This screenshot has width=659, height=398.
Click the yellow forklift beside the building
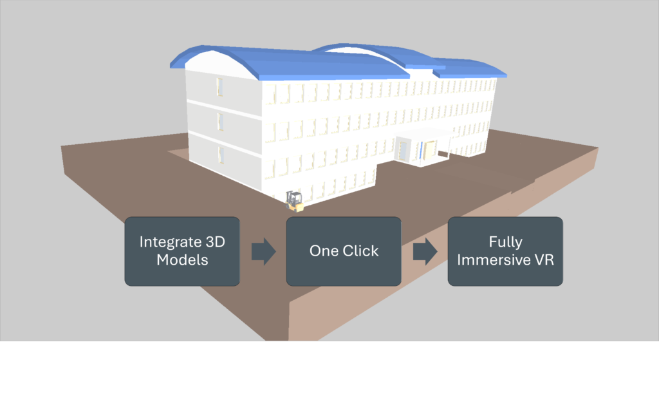pos(294,201)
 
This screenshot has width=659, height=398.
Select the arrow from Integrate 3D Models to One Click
pos(263,251)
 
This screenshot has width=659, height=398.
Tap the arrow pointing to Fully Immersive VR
pos(424,251)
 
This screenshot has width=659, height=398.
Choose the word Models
pos(182,260)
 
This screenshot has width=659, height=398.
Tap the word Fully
pos(505,242)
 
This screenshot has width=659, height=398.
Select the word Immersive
pos(494,260)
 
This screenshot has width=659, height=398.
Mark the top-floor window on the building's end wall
pos(219,86)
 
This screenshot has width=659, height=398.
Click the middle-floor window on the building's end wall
pos(220,121)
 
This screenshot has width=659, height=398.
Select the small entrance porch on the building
pos(422,146)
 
